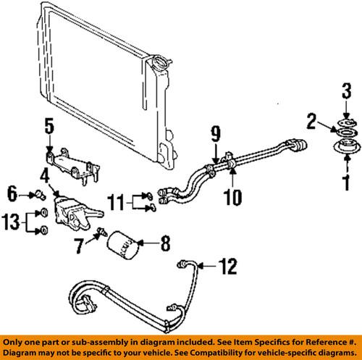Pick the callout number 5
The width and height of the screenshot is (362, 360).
pyautogui.click(x=49, y=128)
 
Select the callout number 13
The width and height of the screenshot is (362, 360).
pyautogui.click(x=12, y=222)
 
